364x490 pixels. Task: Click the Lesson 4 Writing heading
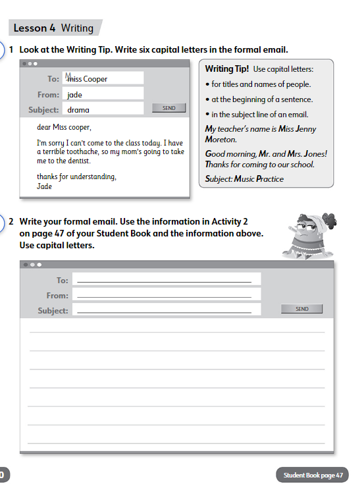[53, 28]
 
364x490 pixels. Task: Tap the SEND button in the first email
[169, 108]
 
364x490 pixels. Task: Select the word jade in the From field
[75, 95]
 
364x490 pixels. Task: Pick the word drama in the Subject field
[78, 110]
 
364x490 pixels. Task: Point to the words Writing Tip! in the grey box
[227, 69]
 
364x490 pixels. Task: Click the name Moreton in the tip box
[222, 139]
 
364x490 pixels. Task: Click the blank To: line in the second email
[165, 280]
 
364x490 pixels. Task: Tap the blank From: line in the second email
[165, 295]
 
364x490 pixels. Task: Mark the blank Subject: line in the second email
[165, 310]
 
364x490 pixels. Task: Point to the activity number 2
[11, 222]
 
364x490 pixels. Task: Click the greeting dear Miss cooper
[64, 127]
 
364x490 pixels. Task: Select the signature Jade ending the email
[45, 186]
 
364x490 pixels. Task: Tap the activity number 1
[11, 49]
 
